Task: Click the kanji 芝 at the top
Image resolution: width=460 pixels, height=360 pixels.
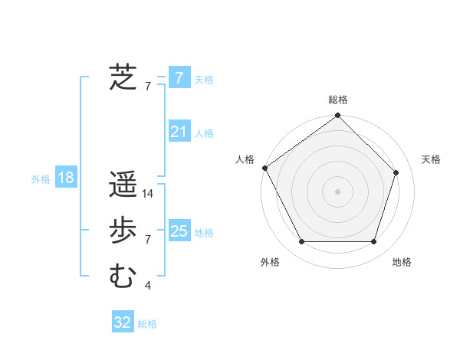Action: pos(123,77)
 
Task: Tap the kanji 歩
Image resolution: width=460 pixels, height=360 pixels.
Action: pos(123,231)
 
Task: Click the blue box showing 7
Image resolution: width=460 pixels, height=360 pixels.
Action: pos(179,78)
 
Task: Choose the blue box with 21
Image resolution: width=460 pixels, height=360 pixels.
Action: pos(179,132)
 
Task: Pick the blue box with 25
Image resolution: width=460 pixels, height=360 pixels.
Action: pos(179,231)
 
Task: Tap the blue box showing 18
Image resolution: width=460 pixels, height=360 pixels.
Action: pos(65,178)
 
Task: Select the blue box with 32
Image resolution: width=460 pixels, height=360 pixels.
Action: pos(123,322)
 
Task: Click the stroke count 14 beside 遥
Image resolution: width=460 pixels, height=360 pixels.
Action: pos(148,194)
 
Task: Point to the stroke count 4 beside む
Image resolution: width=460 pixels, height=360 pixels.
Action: pos(148,286)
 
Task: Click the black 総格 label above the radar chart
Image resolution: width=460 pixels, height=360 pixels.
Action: pos(338,100)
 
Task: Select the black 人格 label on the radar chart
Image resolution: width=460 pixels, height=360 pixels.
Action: pos(245,159)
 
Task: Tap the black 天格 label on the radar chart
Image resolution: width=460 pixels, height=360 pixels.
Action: pos(432,159)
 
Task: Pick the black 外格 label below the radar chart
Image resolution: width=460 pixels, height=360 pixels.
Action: pos(270,262)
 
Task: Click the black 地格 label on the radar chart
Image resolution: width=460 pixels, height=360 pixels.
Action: pos(402,262)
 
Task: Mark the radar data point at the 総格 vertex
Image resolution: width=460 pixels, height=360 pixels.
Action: pos(337,116)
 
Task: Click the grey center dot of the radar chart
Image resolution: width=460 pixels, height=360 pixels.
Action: pos(337,191)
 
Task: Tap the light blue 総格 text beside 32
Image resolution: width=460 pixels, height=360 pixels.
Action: pos(147,324)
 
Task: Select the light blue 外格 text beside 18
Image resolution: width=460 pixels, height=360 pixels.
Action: pos(41,179)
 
